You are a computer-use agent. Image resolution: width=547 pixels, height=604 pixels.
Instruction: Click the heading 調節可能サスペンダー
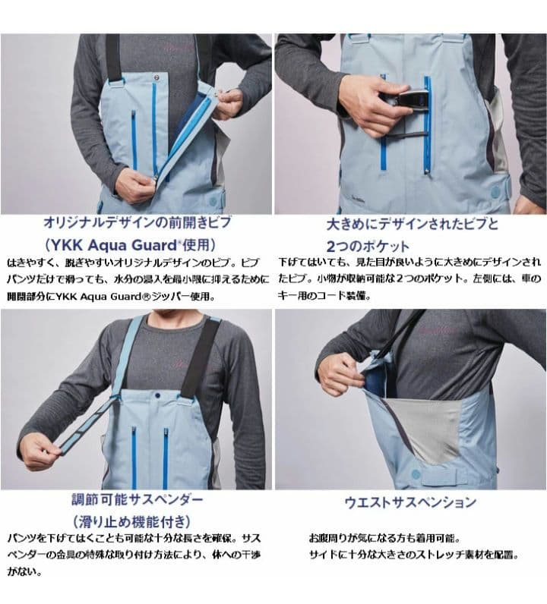(x=136, y=500)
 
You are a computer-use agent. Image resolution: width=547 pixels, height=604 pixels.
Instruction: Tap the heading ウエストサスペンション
(x=411, y=502)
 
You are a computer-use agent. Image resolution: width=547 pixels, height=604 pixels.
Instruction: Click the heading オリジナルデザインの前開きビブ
(x=136, y=225)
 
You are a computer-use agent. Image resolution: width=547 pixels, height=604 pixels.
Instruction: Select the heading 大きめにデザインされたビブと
(x=409, y=225)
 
